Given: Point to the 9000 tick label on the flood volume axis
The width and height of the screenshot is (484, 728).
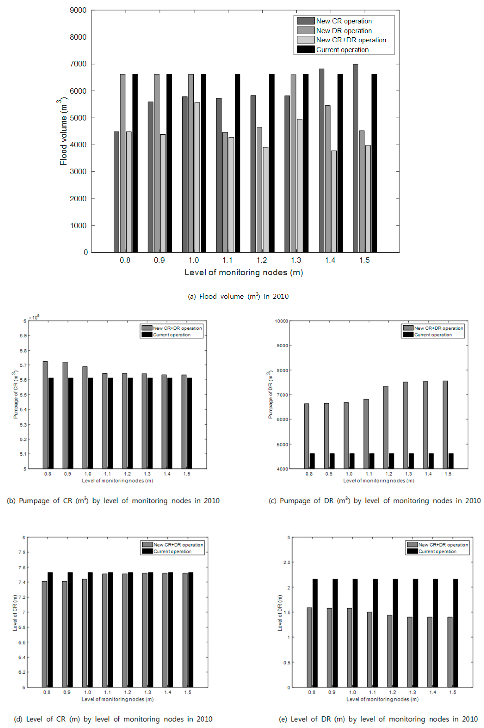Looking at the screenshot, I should tap(78, 10).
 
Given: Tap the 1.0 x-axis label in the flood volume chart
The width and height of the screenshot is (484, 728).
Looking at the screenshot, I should tap(194, 260).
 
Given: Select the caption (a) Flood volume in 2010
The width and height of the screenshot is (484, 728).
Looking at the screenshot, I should tap(238, 296).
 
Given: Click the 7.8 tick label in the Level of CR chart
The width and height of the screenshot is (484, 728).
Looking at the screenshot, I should tap(22, 552).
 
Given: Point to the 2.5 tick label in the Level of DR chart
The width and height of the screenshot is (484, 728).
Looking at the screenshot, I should tap(287, 562).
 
